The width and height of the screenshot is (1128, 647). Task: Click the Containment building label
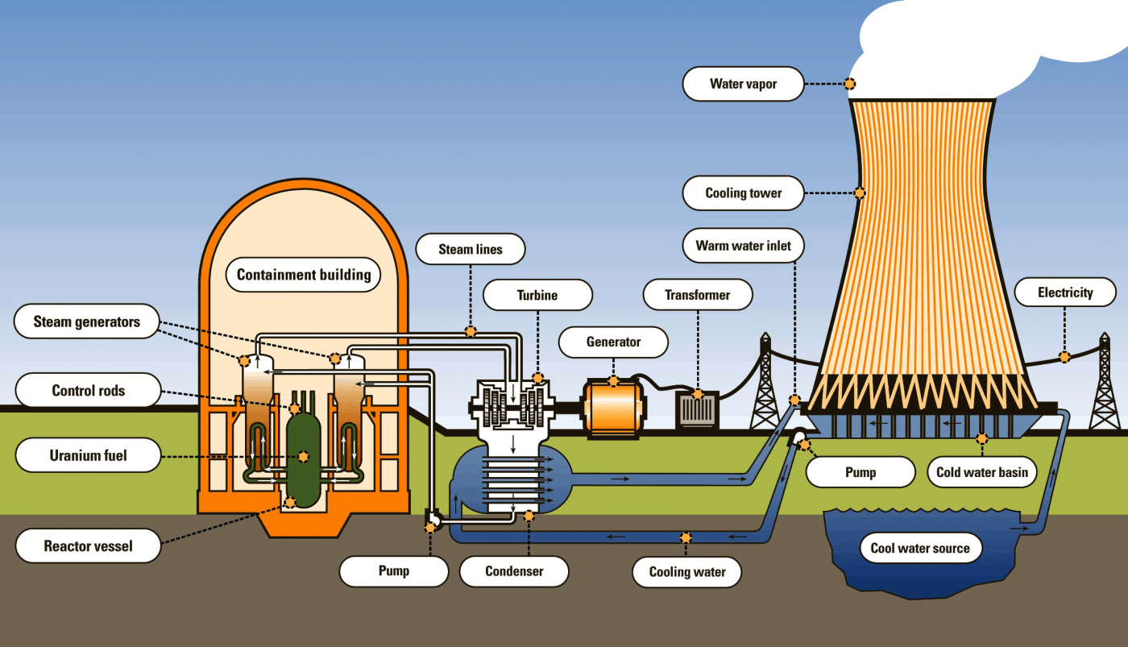(304, 275)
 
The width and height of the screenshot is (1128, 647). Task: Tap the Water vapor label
(743, 84)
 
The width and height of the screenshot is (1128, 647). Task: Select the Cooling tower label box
(743, 193)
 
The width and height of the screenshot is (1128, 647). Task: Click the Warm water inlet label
(743, 246)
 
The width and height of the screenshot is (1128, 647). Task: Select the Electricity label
(1064, 292)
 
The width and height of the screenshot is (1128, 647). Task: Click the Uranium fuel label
(89, 456)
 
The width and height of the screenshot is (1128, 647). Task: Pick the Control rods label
(89, 391)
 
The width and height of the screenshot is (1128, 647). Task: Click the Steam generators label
(86, 322)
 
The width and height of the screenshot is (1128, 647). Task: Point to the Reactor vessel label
(88, 546)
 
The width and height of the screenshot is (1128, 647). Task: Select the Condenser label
(514, 571)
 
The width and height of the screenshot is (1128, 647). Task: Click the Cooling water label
(687, 572)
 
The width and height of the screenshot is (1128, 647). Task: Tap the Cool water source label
(920, 549)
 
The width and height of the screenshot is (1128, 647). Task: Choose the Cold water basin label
(981, 472)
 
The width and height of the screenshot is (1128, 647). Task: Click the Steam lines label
(471, 250)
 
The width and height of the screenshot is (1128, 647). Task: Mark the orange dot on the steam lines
(471, 331)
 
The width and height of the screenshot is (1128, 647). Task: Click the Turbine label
(537, 296)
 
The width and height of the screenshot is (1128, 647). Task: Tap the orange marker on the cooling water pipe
(686, 537)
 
